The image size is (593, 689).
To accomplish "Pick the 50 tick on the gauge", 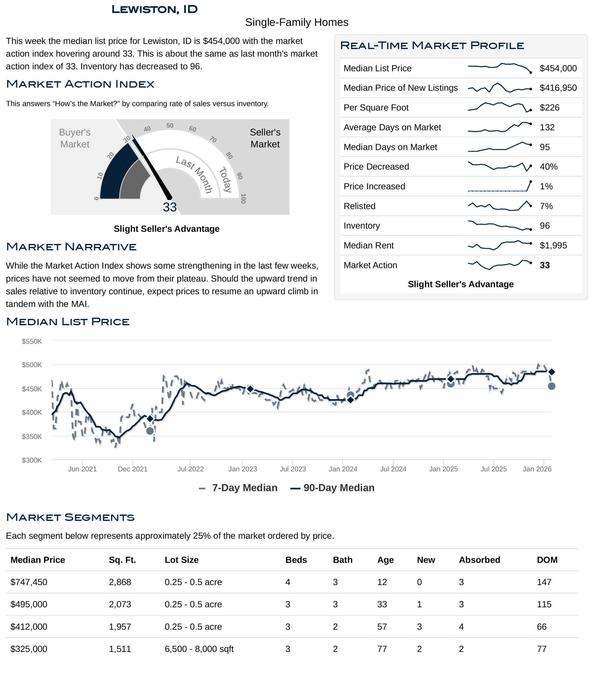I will pos(170,126).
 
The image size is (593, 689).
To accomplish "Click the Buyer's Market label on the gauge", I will pos(74,138).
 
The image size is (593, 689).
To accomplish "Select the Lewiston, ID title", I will pos(155,9).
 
